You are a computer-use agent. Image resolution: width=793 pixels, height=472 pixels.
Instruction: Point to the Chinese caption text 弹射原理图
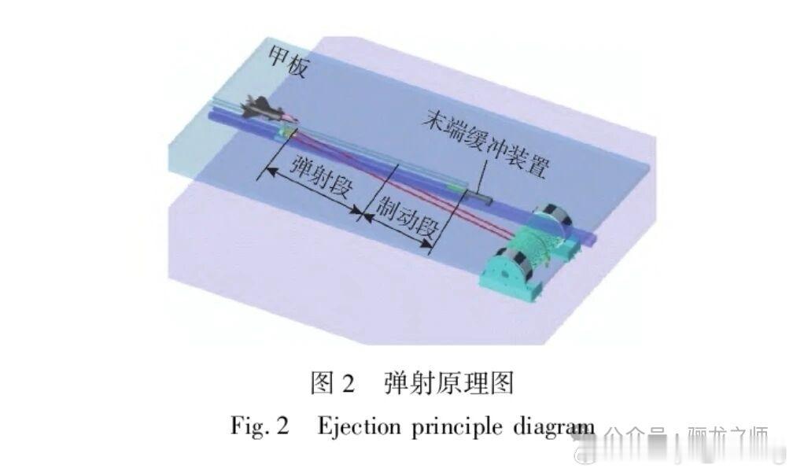pos(448,383)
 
